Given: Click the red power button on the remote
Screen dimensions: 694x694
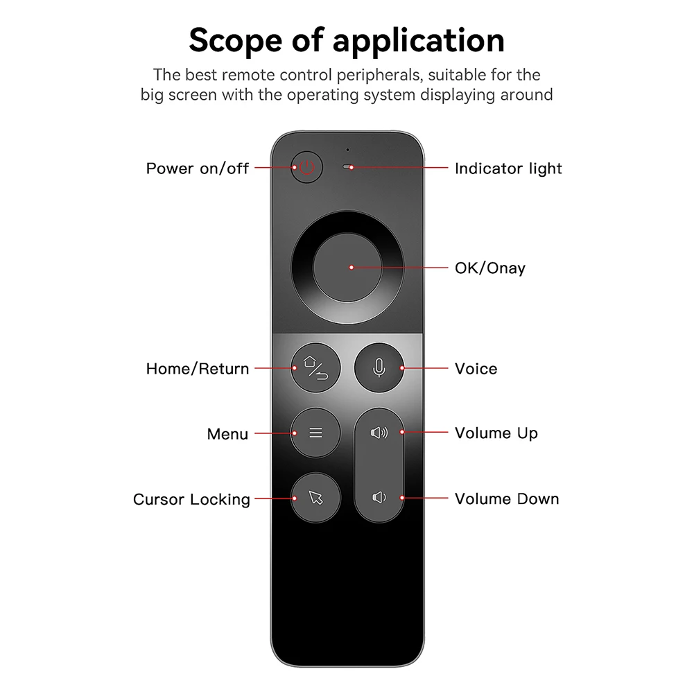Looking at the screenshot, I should click(307, 168).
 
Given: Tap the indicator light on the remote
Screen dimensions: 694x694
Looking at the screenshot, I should click(349, 168).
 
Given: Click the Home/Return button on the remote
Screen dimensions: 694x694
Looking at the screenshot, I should click(315, 368).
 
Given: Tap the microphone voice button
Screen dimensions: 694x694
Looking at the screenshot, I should click(379, 368).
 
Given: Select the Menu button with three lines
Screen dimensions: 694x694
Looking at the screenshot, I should click(315, 433).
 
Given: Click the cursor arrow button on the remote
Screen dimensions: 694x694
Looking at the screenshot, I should click(315, 498).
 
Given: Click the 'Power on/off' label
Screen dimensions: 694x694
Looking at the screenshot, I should click(197, 168).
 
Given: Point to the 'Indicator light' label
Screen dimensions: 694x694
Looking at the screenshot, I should click(508, 168).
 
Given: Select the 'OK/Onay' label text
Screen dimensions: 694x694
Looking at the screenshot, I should click(489, 268).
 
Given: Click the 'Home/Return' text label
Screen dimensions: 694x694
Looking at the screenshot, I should click(197, 369).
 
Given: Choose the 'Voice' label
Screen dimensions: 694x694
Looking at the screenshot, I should click(476, 369).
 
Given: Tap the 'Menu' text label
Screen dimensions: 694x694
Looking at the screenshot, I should click(227, 435).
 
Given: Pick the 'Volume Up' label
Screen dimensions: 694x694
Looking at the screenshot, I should click(496, 433).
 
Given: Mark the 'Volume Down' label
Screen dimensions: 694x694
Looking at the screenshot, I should click(506, 499).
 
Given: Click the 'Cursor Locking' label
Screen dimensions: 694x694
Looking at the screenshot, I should click(191, 500).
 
